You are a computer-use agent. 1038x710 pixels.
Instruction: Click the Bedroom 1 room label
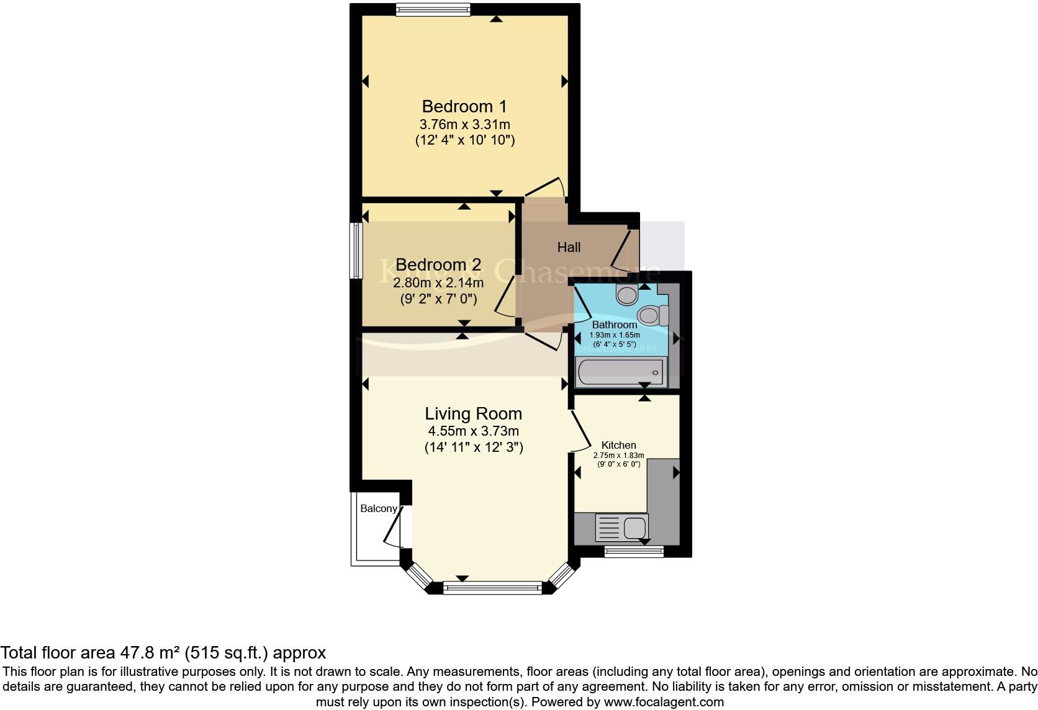pos(464,106)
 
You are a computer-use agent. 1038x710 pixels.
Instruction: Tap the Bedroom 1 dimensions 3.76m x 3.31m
pos(464,124)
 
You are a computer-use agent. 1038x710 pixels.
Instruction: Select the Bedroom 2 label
pos(438,266)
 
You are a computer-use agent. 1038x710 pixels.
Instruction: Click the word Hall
pos(569,248)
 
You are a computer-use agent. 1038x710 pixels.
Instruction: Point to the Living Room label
pos(473,413)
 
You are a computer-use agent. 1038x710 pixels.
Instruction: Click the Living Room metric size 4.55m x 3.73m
pos(473,431)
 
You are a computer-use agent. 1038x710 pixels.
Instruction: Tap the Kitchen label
pos(618,445)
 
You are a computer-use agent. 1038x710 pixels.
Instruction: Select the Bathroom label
pos(614,325)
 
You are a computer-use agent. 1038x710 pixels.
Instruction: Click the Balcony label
pos(378,508)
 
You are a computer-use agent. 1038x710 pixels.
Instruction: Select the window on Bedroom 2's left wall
pos(356,250)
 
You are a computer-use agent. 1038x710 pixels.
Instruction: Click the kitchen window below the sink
pos(634,551)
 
